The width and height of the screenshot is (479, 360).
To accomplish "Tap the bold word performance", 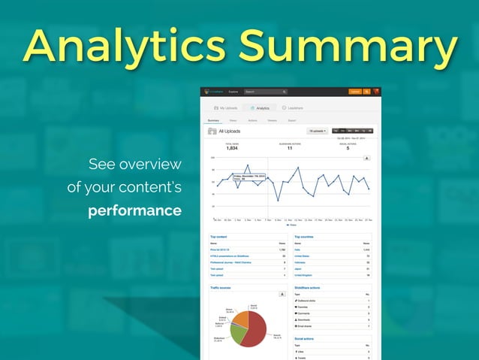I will point(134,210).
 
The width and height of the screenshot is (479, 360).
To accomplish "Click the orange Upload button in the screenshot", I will point(354,92).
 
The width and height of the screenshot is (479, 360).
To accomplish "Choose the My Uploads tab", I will point(225,108).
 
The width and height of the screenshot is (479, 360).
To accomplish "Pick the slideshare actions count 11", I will point(290,148).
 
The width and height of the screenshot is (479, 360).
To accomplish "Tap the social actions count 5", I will point(348,148).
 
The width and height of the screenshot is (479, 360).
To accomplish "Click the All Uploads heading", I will point(230,131).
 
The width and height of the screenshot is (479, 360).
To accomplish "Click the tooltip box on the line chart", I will point(247,177).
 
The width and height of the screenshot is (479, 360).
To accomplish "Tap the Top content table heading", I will point(218,236).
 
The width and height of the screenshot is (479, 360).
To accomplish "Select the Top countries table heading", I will point(304,236).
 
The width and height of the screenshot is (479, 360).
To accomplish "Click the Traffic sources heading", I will point(220,287).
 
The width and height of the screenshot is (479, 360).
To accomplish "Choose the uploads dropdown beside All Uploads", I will point(317,131).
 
